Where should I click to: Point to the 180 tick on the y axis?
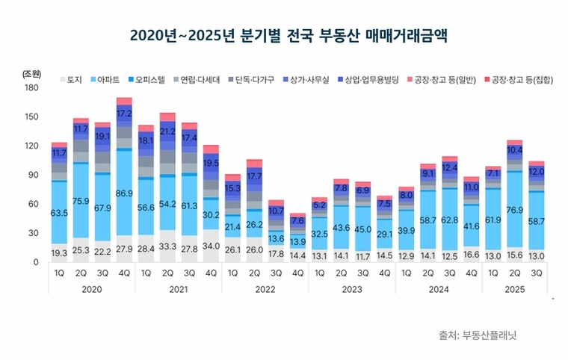coord(31,88)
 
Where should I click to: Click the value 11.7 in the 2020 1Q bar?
coord(59,153)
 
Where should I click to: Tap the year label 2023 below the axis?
coord(351,289)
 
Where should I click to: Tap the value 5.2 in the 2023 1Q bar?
coord(319,205)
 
